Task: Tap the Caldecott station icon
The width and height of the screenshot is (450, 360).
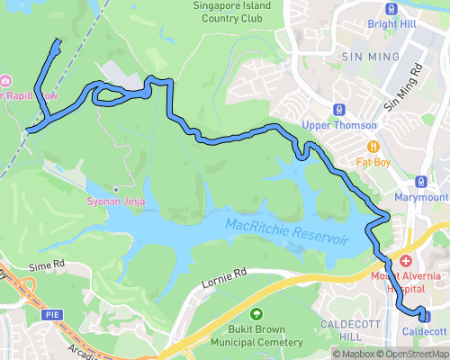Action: point(425,317)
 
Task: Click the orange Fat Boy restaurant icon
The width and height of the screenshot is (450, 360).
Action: point(373,148)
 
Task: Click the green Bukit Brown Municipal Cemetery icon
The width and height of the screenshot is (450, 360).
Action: point(257,314)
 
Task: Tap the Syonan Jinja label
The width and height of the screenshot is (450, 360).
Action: point(116,202)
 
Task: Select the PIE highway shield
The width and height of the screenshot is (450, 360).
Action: point(51,314)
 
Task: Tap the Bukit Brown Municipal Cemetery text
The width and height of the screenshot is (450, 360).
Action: point(256,337)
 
